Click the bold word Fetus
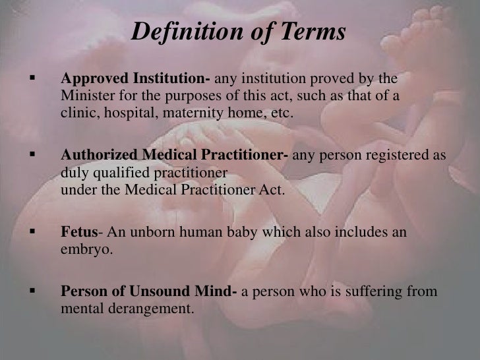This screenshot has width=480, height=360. tap(79, 233)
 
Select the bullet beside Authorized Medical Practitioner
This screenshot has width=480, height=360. tap(29, 158)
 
